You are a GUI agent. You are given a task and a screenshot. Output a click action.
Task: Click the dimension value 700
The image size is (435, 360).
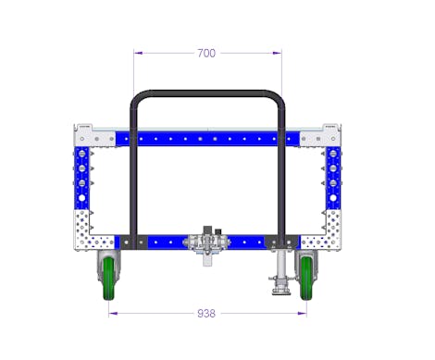tap(206, 53)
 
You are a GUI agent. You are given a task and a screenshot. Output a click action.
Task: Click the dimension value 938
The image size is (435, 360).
tap(206, 314)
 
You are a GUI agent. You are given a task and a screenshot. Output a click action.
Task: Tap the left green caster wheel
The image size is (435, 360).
tap(108, 279)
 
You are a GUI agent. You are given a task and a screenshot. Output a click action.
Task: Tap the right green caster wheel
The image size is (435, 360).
tap(306, 279)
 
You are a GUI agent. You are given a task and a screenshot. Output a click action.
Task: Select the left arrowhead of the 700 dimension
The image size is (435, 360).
tap(138, 53)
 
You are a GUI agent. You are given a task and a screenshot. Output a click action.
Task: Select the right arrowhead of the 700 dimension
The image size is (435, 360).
tap(277, 53)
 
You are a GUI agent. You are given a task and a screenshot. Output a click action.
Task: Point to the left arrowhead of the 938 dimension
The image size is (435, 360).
tap(113, 314)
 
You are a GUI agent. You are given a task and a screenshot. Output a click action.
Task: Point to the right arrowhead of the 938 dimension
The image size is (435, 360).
tap(302, 314)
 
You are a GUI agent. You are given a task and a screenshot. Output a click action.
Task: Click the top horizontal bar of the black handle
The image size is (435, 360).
tap(207, 93)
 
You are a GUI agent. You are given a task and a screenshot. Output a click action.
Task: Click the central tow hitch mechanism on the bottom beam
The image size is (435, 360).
tap(206, 243)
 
